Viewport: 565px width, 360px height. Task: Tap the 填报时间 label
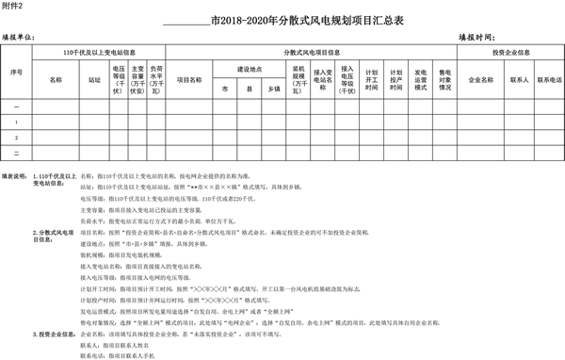(x=477, y=37)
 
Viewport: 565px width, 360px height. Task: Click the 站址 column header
(x=94, y=80)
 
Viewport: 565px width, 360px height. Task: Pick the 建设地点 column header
(x=248, y=70)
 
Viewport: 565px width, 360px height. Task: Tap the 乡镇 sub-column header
(x=273, y=88)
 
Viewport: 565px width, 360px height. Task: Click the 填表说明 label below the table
(x=16, y=175)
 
